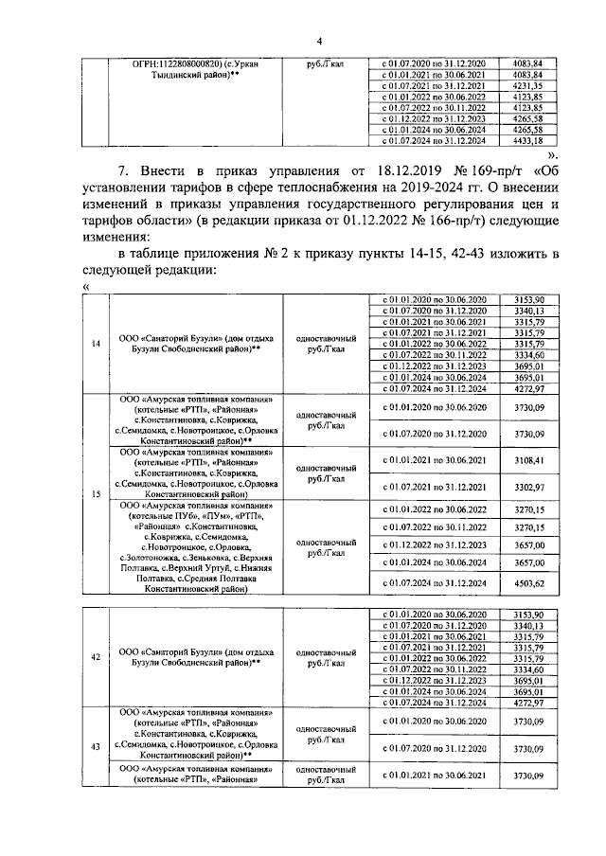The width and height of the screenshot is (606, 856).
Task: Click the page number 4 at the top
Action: click(319, 41)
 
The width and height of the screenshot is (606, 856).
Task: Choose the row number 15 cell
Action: click(96, 493)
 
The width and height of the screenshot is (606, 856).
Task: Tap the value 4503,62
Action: click(525, 584)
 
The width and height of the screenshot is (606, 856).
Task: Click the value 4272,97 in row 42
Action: click(525, 703)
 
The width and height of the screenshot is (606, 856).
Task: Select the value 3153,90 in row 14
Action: click(525, 299)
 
